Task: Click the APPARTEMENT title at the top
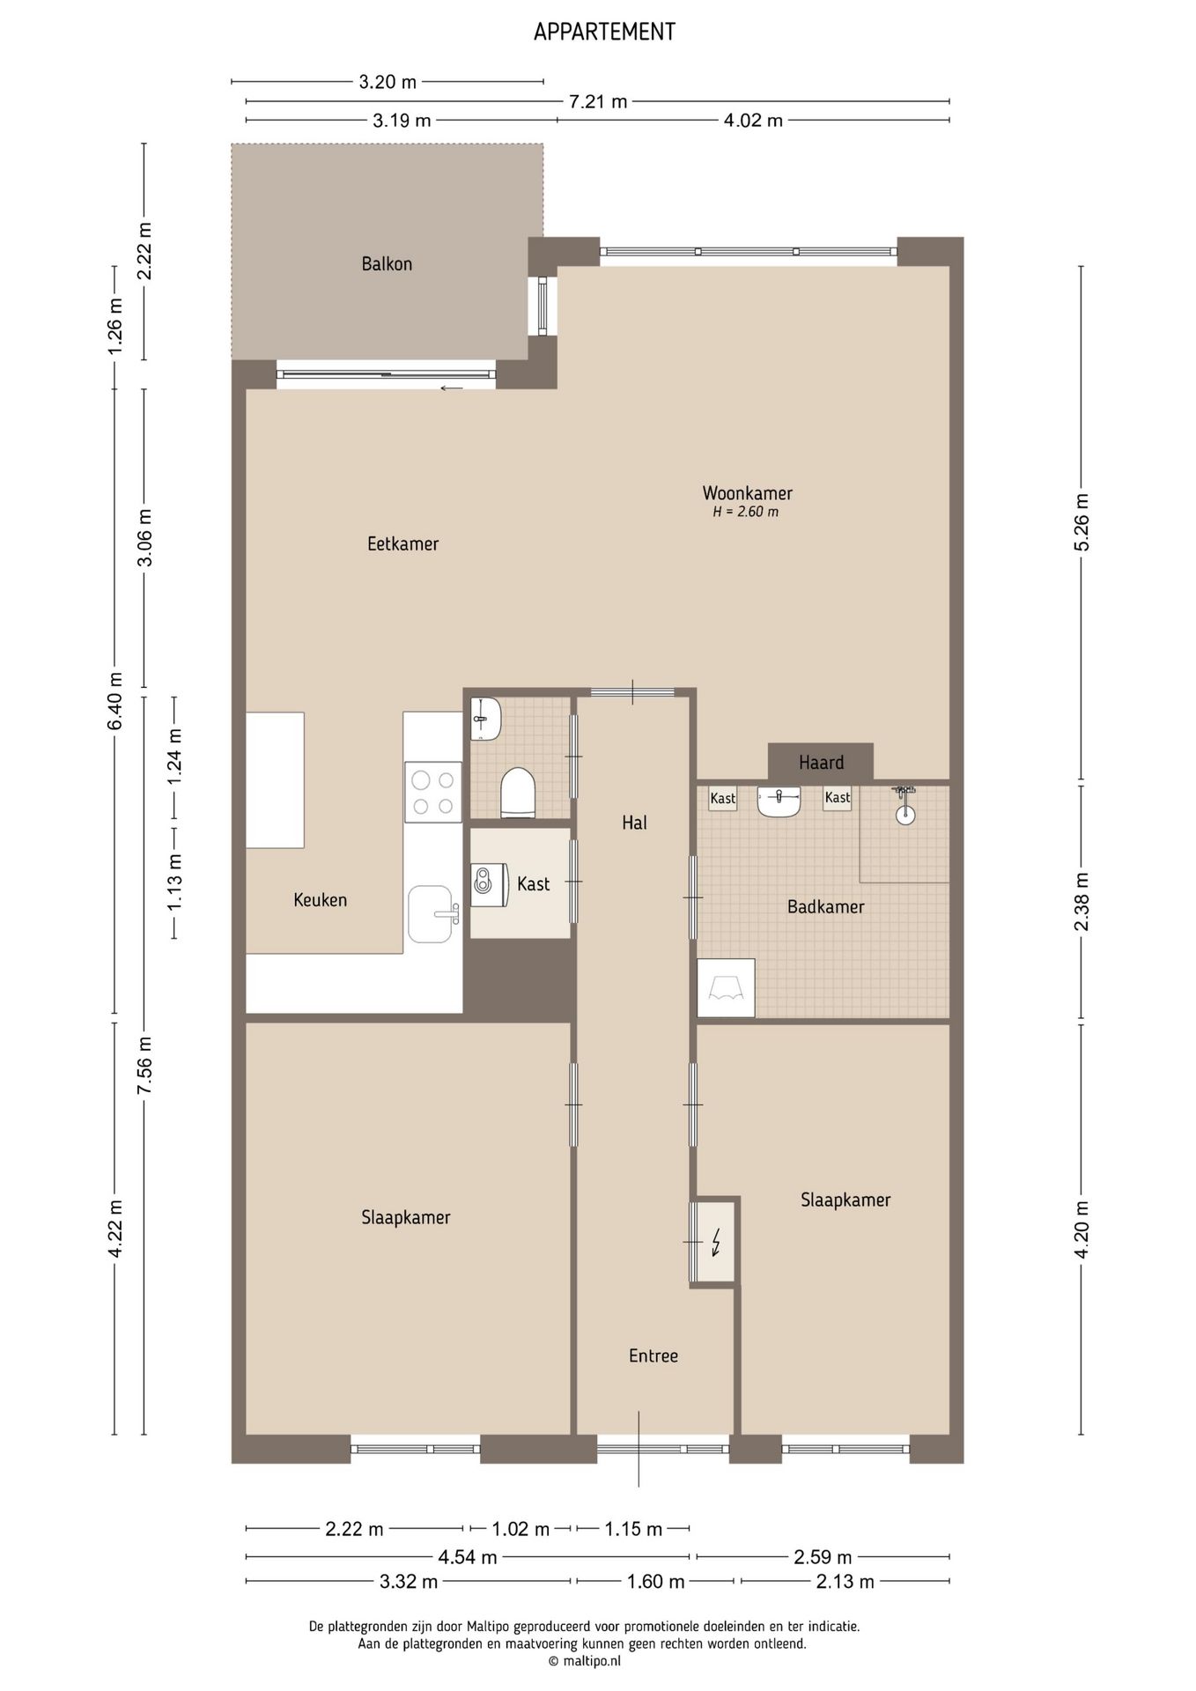[604, 32]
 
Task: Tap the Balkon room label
[387, 263]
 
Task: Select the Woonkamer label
[747, 493]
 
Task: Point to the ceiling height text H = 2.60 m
[745, 512]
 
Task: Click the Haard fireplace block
[821, 762]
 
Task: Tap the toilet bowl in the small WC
[518, 792]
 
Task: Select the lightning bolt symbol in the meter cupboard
[716, 1242]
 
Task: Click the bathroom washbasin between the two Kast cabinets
[779, 801]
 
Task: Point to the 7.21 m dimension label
[598, 101]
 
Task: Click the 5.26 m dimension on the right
[1082, 522]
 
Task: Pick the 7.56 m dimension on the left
[145, 1065]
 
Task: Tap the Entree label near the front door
[653, 1355]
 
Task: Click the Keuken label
[321, 899]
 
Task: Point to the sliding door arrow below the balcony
[452, 388]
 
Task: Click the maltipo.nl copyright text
[585, 1660]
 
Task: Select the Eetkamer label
[403, 543]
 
